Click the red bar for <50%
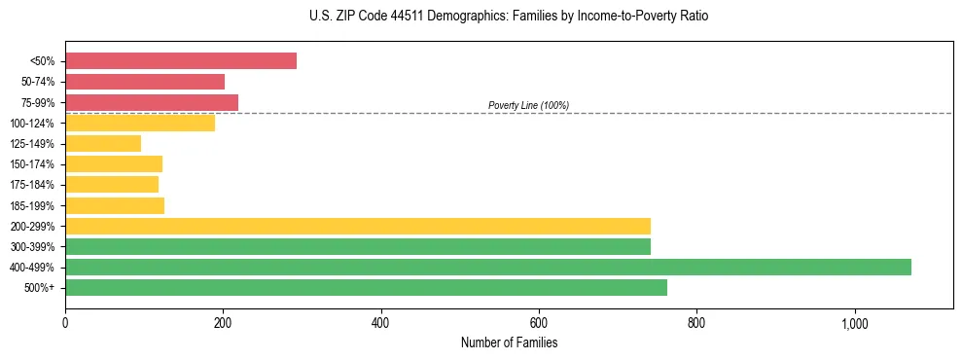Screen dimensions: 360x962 [x=181, y=61]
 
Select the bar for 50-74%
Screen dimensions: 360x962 [x=145, y=82]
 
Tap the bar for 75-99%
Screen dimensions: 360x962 [x=152, y=102]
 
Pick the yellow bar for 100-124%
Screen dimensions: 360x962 [x=140, y=123]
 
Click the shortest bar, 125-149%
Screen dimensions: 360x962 [x=103, y=144]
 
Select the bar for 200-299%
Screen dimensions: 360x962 [x=358, y=226]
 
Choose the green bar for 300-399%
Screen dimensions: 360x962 [x=358, y=246]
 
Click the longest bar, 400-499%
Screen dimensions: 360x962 [x=488, y=267]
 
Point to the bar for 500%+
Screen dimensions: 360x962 [x=366, y=287]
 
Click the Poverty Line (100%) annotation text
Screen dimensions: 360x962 [x=528, y=105]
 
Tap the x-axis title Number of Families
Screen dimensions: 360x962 [x=509, y=342]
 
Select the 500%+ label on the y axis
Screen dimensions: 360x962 [x=40, y=288]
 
